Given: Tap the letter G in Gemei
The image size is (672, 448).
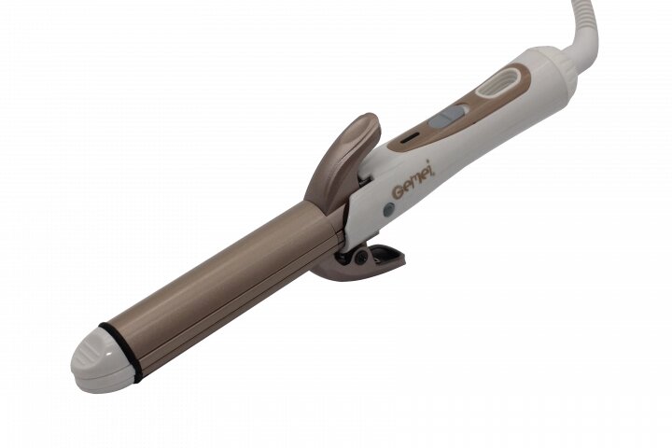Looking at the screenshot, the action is point(399,191).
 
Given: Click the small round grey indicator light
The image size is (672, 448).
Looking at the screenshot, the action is point(388,210).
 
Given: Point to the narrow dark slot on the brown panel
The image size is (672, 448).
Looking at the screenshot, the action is point(410,139).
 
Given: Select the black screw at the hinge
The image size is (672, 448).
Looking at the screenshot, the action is point(361,258).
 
